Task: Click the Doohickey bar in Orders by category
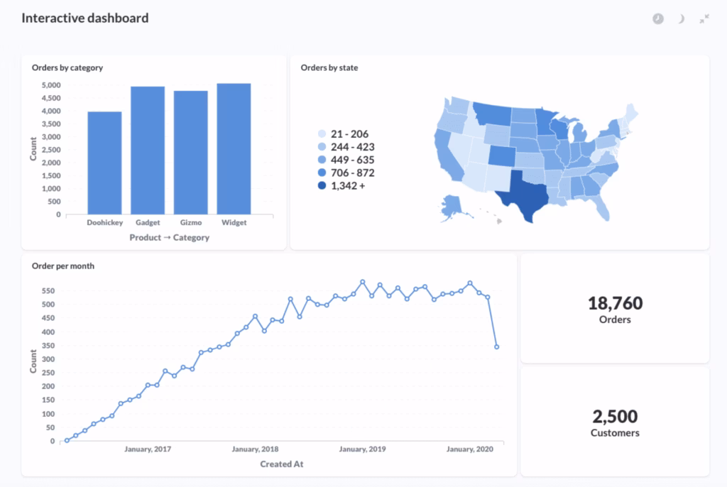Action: [x=104, y=163]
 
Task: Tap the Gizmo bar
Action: [x=191, y=153]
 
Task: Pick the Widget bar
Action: [x=234, y=149]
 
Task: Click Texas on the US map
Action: [x=525, y=195]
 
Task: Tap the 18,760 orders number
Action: [x=615, y=303]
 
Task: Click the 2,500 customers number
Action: [x=615, y=416]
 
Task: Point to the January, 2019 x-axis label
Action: [x=362, y=449]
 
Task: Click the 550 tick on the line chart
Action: [x=48, y=291]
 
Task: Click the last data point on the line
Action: [x=496, y=347]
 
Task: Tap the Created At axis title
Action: [x=281, y=464]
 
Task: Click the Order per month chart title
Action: [x=63, y=266]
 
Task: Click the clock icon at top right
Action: [x=658, y=19]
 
